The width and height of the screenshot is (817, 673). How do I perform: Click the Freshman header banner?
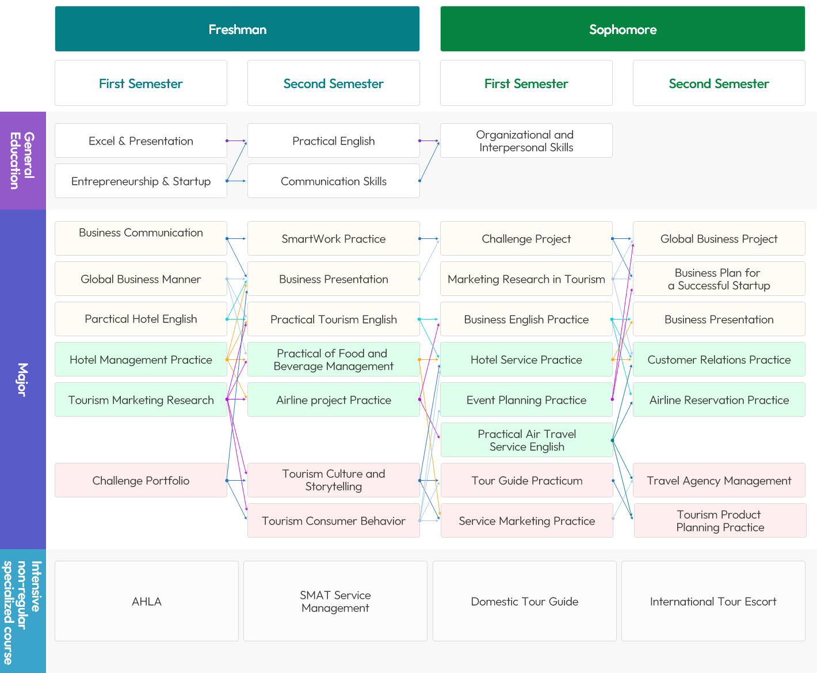[237, 29]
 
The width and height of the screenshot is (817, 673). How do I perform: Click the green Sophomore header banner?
[623, 29]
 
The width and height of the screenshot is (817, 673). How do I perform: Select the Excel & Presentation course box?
[141, 140]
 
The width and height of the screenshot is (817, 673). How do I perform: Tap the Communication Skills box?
[334, 181]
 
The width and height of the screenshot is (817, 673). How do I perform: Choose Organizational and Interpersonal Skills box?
[526, 140]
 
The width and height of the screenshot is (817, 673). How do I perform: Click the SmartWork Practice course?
[334, 238]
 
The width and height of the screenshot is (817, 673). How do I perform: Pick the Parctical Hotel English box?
[141, 319]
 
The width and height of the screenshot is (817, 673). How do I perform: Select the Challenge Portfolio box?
[141, 480]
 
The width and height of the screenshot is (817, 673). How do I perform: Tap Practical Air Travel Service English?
[527, 440]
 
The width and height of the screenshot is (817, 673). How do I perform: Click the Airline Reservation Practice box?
[719, 400]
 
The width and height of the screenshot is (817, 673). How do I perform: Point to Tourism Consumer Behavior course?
[334, 520]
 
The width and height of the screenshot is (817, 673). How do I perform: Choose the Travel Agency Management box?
[719, 480]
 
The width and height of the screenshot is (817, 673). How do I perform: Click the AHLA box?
[147, 601]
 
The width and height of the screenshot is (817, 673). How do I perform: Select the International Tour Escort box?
[713, 601]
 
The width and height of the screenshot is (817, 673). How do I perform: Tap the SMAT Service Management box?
[335, 601]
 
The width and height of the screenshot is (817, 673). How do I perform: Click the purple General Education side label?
[23, 161]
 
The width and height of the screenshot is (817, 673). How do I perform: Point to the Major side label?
[23, 379]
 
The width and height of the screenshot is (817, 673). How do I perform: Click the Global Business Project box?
[719, 238]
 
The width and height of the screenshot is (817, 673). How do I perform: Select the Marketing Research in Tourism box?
[526, 279]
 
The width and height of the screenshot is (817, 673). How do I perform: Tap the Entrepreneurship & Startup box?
[141, 181]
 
